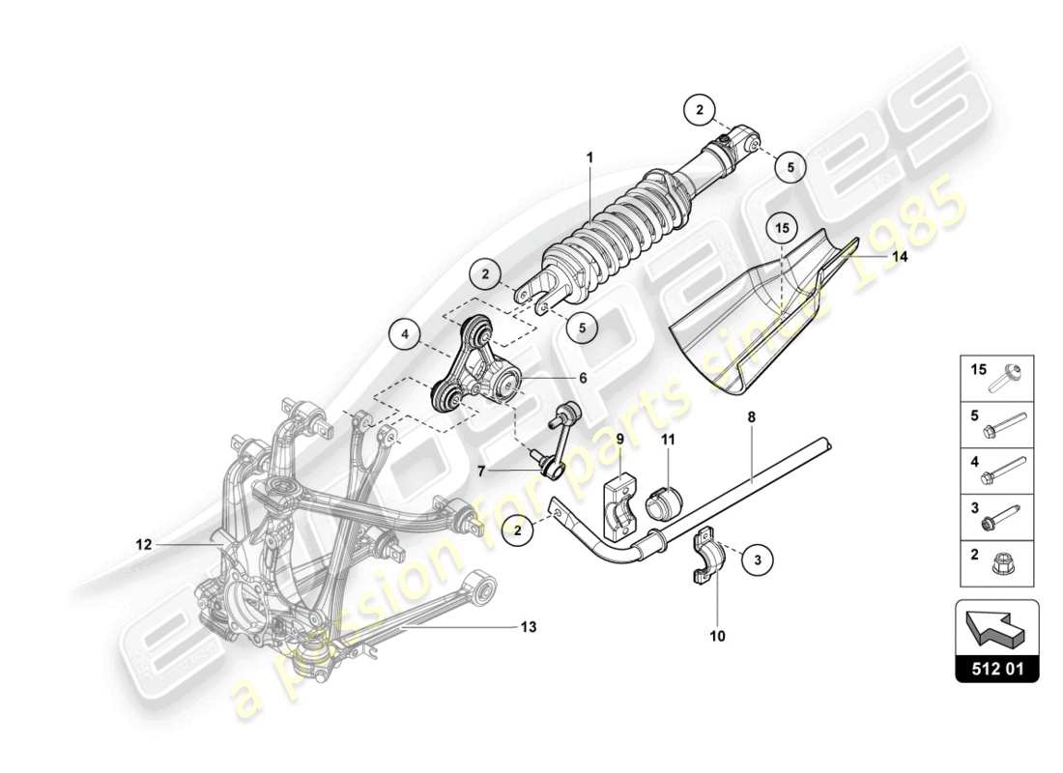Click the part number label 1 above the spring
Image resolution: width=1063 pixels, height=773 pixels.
pyautogui.click(x=589, y=157)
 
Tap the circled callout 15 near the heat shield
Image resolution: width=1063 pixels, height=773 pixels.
pyautogui.click(x=782, y=229)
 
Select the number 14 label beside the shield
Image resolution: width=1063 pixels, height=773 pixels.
pyautogui.click(x=900, y=257)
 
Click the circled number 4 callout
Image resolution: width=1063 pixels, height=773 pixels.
pyautogui.click(x=407, y=336)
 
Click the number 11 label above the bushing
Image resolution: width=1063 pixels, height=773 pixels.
pyautogui.click(x=667, y=440)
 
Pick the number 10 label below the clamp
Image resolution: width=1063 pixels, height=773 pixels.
pyautogui.click(x=718, y=636)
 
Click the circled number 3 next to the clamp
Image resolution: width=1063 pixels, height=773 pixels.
pyautogui.click(x=759, y=558)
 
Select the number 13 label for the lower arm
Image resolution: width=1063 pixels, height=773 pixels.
pyautogui.click(x=529, y=627)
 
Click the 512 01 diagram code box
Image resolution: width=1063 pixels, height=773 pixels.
pyautogui.click(x=996, y=667)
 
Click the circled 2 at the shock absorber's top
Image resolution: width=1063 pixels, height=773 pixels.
pyautogui.click(x=699, y=110)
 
